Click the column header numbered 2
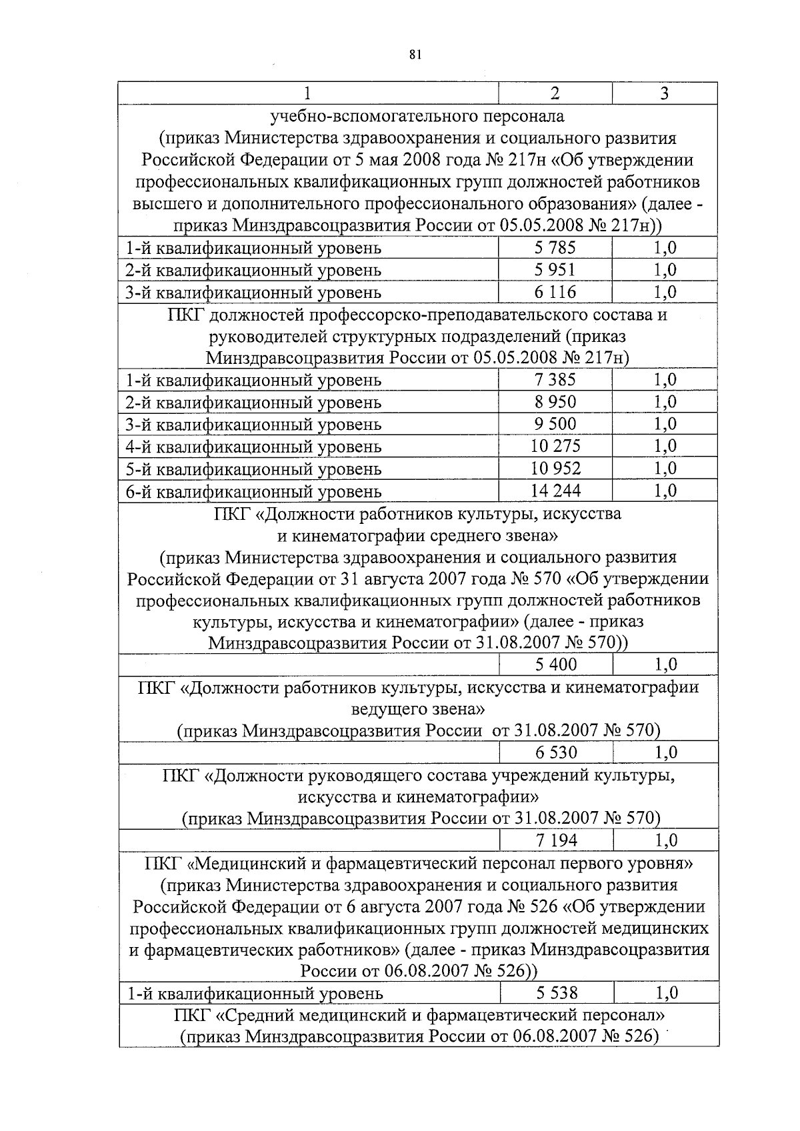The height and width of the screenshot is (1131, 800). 555,93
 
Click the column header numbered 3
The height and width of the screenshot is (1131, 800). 664,93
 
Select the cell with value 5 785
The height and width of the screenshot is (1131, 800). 555,248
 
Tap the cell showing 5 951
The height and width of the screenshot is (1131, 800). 555,270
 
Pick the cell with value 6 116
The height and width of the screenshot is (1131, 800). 555,292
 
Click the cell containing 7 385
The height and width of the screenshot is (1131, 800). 555,380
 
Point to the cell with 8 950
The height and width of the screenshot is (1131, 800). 555,402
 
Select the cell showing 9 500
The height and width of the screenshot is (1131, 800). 555,424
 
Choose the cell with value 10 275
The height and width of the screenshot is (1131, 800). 555,446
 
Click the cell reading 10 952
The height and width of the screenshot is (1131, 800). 555,468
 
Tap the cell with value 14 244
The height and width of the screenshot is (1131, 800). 555,491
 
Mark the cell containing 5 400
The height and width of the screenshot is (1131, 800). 556,664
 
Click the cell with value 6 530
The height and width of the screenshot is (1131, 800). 556,752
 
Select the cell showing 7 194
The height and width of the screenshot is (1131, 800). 556,840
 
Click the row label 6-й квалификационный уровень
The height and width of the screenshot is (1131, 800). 254,492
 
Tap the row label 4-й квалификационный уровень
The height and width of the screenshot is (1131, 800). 254,447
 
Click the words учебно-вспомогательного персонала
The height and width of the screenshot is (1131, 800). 417,116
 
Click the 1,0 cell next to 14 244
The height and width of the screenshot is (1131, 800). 665,491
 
